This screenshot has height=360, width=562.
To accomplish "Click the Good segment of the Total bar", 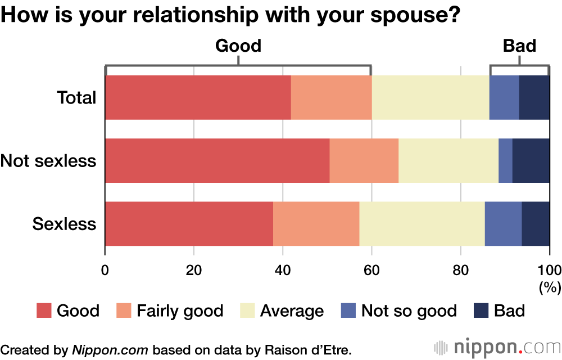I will pos(198,97).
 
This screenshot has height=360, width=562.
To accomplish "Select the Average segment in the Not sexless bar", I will pos(448,161).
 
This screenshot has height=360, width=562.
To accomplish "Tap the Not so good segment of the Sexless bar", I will pos(503,224).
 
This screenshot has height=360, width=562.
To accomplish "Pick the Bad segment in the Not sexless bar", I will pos(531,161).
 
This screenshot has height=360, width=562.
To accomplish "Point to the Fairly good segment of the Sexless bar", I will pos(316,224).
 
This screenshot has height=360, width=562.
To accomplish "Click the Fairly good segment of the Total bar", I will pos(332,97).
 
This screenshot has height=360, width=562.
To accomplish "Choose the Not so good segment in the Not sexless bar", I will pos(505,161).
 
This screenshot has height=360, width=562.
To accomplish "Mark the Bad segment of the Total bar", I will pos(534,97).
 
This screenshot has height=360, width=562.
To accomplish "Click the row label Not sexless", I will pos(48,161).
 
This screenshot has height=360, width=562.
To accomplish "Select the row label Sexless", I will pos(64,224).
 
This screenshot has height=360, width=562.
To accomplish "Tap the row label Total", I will pos(76,97).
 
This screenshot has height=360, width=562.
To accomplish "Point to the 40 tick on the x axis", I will pos(283,268).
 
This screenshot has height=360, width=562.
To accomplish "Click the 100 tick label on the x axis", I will pos(549,268).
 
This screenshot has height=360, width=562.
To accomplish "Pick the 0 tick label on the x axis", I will pos(105,268).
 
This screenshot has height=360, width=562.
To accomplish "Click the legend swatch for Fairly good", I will pos(124,310).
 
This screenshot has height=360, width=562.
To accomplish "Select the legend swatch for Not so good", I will pos(348,310).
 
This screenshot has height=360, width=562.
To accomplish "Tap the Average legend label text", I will pos(292,310).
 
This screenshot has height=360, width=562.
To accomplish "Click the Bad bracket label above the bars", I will pos(519,46).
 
